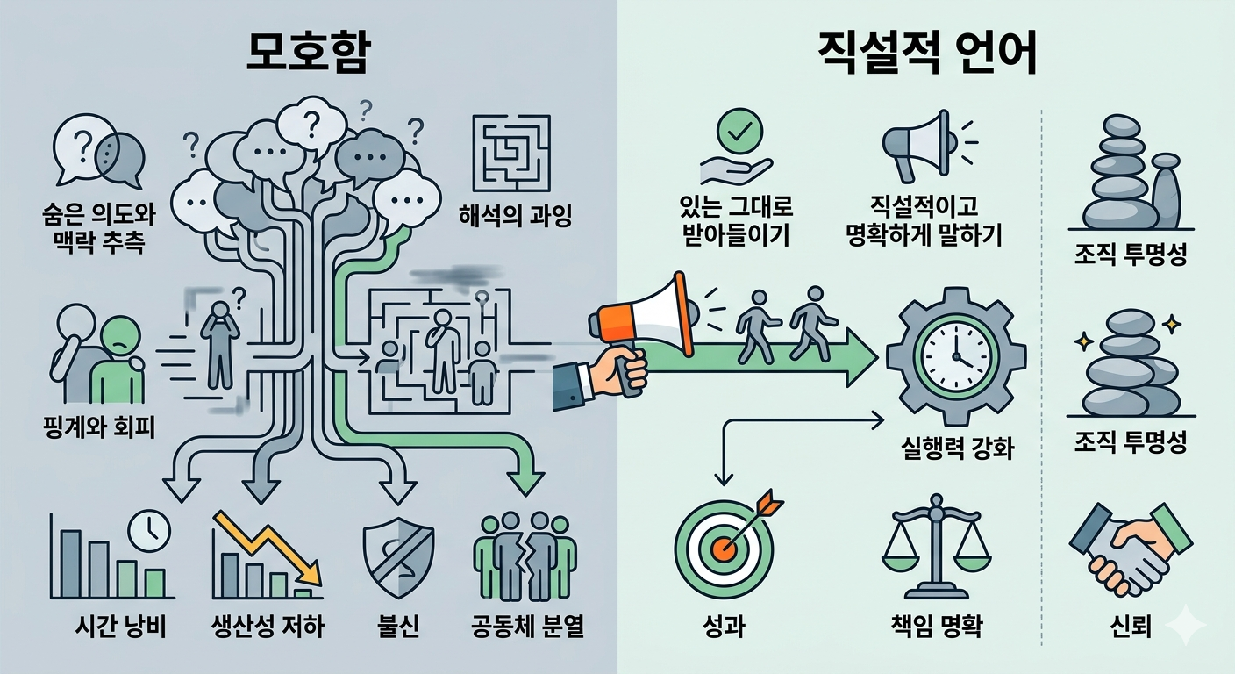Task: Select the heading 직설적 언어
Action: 926,56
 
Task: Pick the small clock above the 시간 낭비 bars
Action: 148,529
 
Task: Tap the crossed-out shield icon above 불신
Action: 397,556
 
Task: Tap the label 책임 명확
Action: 935,627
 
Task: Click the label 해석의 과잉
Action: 515,215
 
